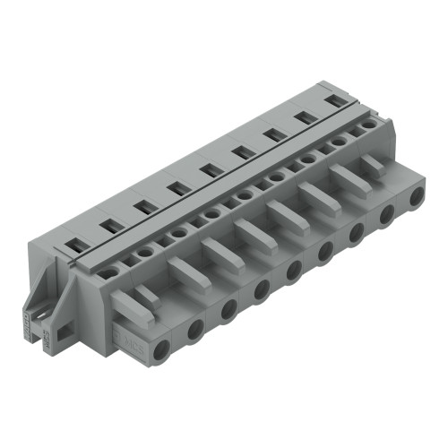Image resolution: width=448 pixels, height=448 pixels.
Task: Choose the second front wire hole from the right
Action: point(386,212)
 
